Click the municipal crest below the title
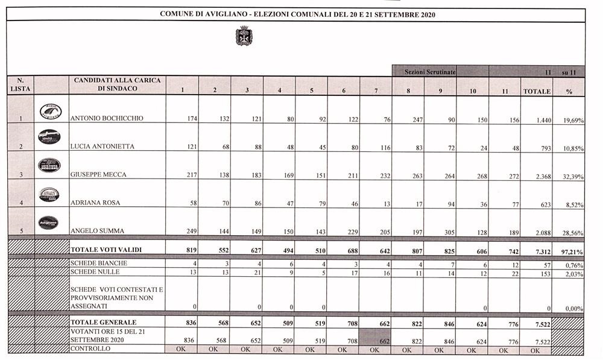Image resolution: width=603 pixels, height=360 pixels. [x=243, y=36]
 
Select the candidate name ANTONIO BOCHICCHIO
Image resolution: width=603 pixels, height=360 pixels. [x=107, y=119]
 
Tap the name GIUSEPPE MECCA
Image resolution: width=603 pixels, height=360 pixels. [x=99, y=175]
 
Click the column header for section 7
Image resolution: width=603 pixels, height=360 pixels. [x=376, y=92]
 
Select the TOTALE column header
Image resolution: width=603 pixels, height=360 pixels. [x=537, y=92]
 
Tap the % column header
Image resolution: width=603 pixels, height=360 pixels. [x=569, y=92]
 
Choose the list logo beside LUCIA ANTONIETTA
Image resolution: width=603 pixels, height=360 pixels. [x=49, y=137]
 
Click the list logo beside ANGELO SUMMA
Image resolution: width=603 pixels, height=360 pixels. [x=49, y=223]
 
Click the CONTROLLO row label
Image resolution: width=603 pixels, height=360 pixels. [x=90, y=349]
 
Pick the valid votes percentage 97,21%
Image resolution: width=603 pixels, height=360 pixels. [x=569, y=248]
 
